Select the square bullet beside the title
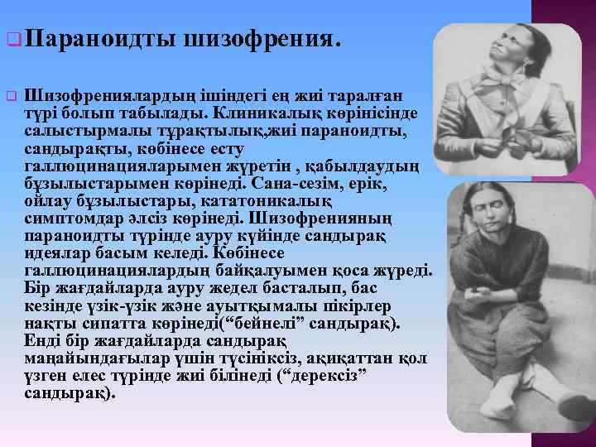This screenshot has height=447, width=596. (12, 39)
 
